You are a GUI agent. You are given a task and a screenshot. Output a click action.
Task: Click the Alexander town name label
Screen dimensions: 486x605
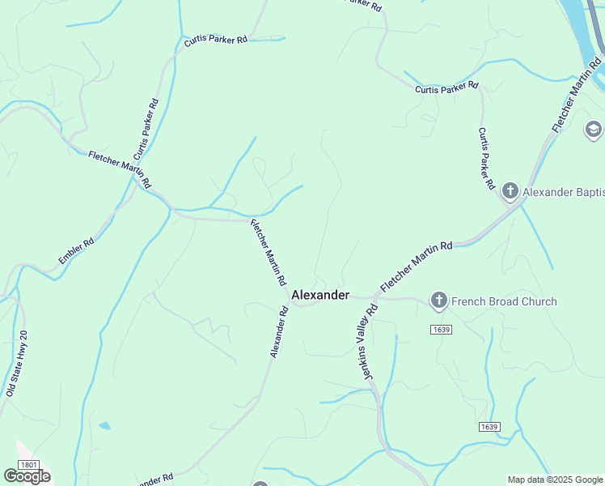point(320,295)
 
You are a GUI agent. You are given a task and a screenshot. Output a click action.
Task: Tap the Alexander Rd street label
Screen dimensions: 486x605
point(279,332)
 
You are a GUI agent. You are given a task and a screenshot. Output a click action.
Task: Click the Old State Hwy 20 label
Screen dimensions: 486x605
point(16,362)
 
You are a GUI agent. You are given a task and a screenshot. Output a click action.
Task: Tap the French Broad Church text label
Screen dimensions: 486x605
point(504,301)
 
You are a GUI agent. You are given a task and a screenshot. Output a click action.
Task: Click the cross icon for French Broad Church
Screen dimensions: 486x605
point(438,301)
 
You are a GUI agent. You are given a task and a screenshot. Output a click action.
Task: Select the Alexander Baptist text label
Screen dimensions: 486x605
point(563,192)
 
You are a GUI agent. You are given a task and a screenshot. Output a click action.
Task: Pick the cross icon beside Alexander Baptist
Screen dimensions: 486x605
point(510,192)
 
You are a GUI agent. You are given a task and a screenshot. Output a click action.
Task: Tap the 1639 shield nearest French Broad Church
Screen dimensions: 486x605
point(441,330)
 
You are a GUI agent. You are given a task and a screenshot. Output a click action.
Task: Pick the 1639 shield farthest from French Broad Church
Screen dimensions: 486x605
point(489,427)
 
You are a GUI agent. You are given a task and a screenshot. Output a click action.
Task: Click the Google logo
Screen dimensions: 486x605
point(27,476)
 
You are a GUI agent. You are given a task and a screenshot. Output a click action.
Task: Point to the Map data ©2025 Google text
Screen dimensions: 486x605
point(555,480)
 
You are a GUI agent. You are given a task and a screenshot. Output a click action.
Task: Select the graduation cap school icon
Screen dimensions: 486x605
point(594,130)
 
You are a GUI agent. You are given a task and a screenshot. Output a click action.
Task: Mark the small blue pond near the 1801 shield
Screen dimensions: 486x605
point(104,425)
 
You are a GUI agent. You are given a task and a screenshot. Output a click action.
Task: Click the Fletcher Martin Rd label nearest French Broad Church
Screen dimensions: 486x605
point(416,266)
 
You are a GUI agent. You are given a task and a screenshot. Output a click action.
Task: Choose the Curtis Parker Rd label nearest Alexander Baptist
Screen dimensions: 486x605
point(485,158)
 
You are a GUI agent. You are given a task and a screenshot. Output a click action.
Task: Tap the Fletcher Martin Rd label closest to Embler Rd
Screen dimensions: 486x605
point(120,168)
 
